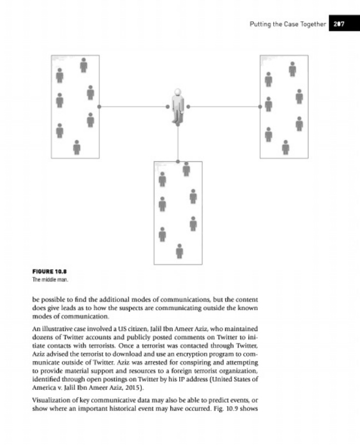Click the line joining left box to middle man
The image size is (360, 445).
134,106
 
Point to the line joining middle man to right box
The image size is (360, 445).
224,106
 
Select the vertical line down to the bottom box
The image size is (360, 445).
177,143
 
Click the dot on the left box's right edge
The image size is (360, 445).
100,106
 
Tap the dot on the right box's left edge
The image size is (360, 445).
260,106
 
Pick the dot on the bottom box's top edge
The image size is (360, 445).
177,161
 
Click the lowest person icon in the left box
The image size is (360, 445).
77,147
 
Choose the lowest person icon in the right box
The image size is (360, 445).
285,147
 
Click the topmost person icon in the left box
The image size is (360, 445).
83,65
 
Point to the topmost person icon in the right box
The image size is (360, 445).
292,68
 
